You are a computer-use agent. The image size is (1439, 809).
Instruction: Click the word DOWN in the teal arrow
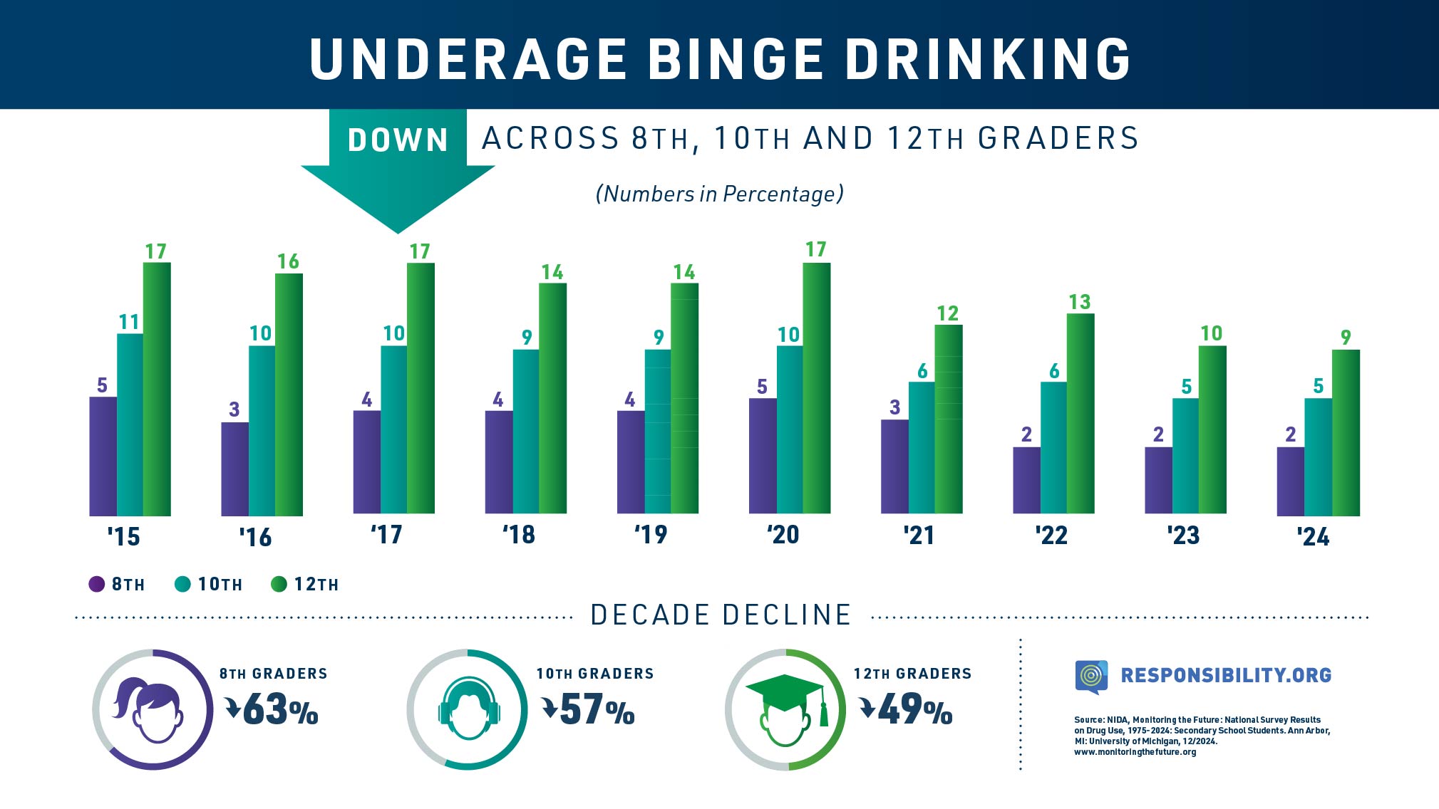(x=398, y=140)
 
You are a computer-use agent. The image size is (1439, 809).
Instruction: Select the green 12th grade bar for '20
(x=817, y=388)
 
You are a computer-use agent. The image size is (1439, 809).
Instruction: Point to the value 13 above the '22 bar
(x=1079, y=302)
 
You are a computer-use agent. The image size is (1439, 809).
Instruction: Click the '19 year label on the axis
(x=651, y=534)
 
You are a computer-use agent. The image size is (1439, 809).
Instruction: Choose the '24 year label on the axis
(x=1313, y=536)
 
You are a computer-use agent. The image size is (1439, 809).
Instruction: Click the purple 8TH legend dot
(x=96, y=584)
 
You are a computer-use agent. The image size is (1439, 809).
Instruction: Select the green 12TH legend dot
(x=279, y=584)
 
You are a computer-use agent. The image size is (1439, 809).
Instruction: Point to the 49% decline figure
(x=914, y=710)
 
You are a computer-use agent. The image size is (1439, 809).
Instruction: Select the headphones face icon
(x=468, y=709)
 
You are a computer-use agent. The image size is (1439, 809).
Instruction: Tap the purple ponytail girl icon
(x=152, y=709)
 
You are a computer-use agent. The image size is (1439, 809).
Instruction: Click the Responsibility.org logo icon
(x=1090, y=676)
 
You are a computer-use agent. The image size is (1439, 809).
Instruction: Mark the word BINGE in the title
(x=735, y=58)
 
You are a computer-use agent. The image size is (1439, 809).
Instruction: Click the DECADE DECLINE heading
(x=721, y=615)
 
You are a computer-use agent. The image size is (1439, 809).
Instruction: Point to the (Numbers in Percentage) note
(x=719, y=194)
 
